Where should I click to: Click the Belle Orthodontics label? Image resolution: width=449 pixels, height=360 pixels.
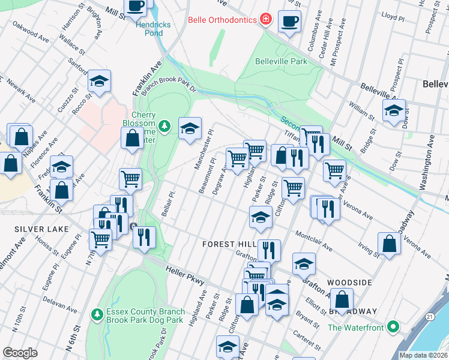click(x=223, y=20)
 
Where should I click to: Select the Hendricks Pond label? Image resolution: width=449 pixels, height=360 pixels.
click(x=153, y=29)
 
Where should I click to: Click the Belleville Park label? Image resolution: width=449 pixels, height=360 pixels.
click(x=281, y=61)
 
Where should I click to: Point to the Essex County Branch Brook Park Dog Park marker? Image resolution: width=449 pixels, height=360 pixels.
click(x=97, y=314)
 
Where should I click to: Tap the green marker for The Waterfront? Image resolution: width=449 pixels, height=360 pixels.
click(x=393, y=327)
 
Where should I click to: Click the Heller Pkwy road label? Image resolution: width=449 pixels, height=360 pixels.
click(x=186, y=277)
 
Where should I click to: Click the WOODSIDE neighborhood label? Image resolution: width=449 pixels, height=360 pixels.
click(x=350, y=281)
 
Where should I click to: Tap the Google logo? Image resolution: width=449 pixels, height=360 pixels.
click(x=20, y=353)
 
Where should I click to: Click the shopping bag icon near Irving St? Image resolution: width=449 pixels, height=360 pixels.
click(x=390, y=244)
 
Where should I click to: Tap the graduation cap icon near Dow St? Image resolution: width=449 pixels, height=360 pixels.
click(x=394, y=110)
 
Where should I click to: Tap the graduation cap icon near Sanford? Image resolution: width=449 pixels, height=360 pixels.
click(x=100, y=81)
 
